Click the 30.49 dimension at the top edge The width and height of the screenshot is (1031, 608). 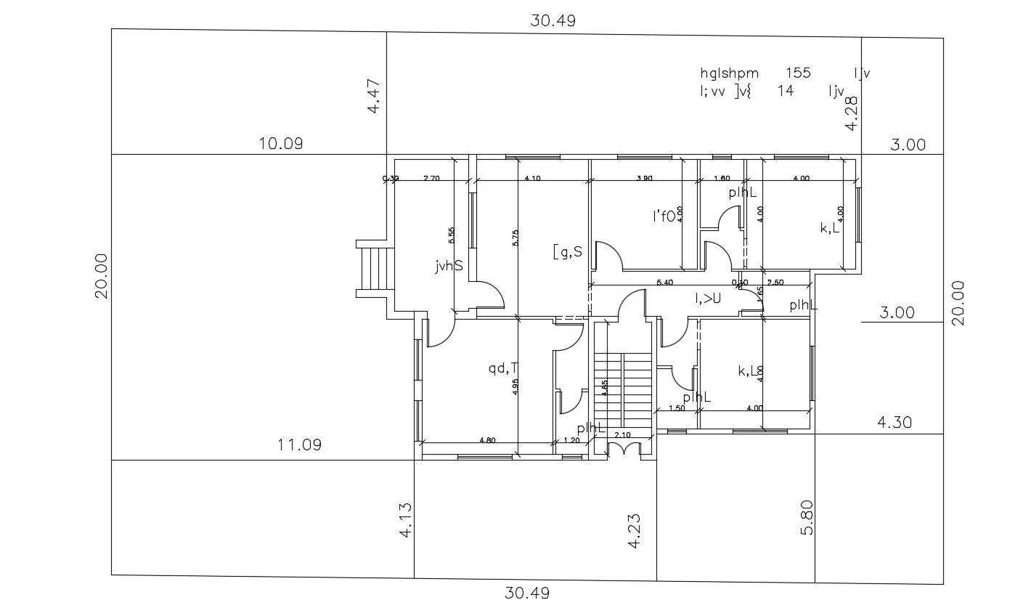[x=553, y=20]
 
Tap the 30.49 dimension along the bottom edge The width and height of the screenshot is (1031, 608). [x=527, y=593]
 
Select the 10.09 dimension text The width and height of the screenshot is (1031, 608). [x=281, y=143]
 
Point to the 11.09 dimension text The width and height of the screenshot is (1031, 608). [x=299, y=444]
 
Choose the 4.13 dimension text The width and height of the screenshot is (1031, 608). [x=406, y=520]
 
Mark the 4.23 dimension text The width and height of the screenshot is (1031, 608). [x=635, y=531]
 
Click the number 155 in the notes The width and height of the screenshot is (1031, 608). [x=798, y=73]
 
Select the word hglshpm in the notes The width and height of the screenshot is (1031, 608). [x=729, y=73]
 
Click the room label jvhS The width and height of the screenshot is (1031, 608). [x=449, y=267]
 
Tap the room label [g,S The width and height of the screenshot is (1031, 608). [x=567, y=252]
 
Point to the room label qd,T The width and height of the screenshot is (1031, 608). [x=502, y=368]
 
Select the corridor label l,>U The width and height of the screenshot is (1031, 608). [x=707, y=297]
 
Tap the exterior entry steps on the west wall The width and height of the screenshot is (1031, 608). [x=375, y=268]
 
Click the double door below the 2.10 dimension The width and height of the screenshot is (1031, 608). [x=622, y=450]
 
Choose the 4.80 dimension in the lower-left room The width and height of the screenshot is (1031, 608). [x=487, y=439]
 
